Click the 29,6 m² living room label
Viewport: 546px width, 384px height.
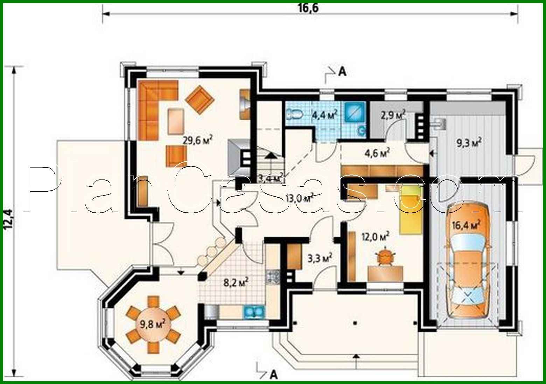click(x=198, y=140)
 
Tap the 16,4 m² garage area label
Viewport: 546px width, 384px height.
click(x=469, y=224)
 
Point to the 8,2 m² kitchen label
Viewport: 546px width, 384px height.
click(x=236, y=282)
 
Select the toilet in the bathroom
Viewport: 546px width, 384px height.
click(x=294, y=114)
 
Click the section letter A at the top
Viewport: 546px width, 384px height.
click(x=342, y=72)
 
